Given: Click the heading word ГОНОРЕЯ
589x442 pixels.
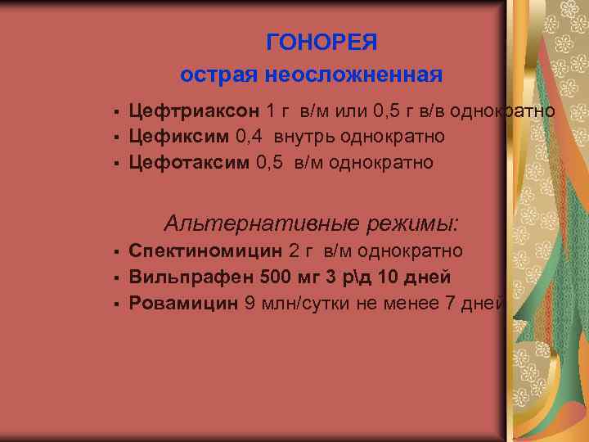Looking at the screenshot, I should point(321,42).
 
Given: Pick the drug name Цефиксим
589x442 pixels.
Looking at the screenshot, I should point(179,136).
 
